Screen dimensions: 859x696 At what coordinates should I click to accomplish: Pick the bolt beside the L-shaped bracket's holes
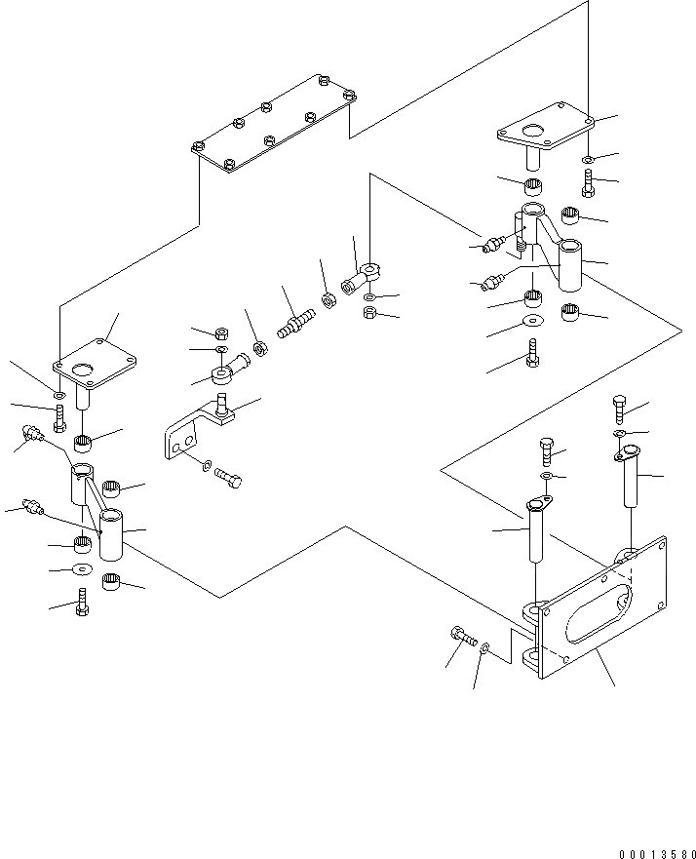[x=230, y=479]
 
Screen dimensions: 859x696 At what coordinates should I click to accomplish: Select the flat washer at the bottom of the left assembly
[x=82, y=568]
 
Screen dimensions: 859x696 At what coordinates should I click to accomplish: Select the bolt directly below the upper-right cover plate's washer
[x=588, y=181]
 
